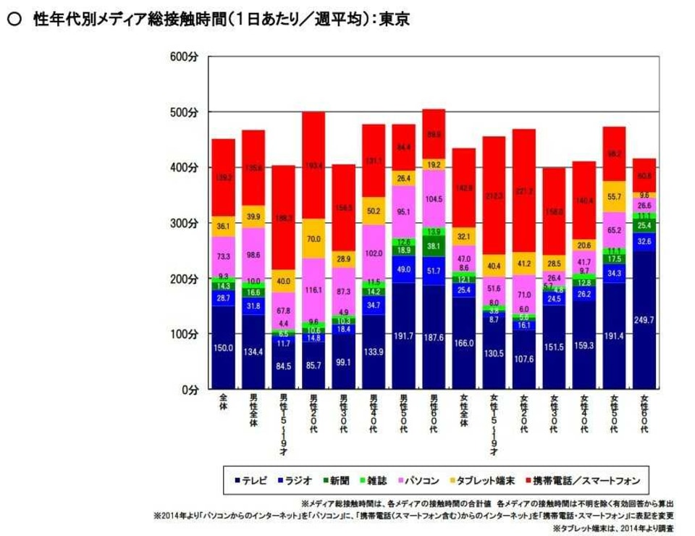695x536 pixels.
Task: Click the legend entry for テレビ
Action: pyautogui.click(x=249, y=480)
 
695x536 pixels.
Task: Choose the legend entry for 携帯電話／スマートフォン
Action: pyautogui.click(x=582, y=480)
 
